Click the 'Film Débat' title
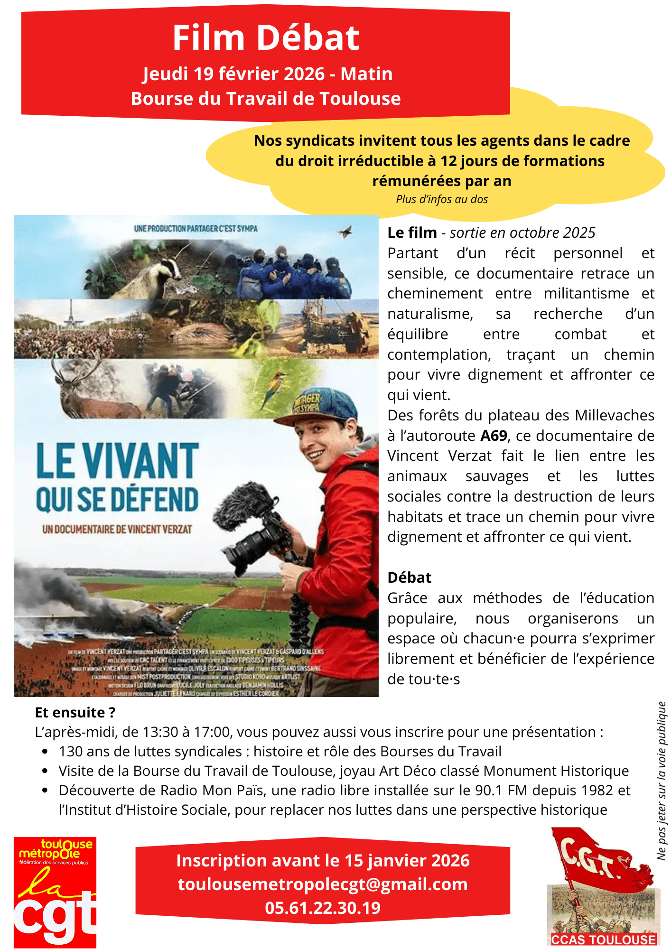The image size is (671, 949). click(x=266, y=38)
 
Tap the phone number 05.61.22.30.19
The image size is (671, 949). click(x=323, y=908)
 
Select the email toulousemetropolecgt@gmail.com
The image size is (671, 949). click(x=323, y=884)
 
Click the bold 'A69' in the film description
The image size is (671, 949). click(x=494, y=436)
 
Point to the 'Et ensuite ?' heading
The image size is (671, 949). click(x=75, y=712)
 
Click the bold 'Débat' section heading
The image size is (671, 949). click(x=410, y=577)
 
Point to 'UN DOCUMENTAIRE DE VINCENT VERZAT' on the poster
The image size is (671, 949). click(x=117, y=529)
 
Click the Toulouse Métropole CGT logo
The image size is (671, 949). click(x=55, y=892)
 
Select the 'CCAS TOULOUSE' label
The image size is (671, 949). click(x=604, y=940)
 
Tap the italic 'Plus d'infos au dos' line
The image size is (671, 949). click(x=442, y=199)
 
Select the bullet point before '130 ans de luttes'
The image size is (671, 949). click(x=45, y=752)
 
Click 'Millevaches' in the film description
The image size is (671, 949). click(x=615, y=415)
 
